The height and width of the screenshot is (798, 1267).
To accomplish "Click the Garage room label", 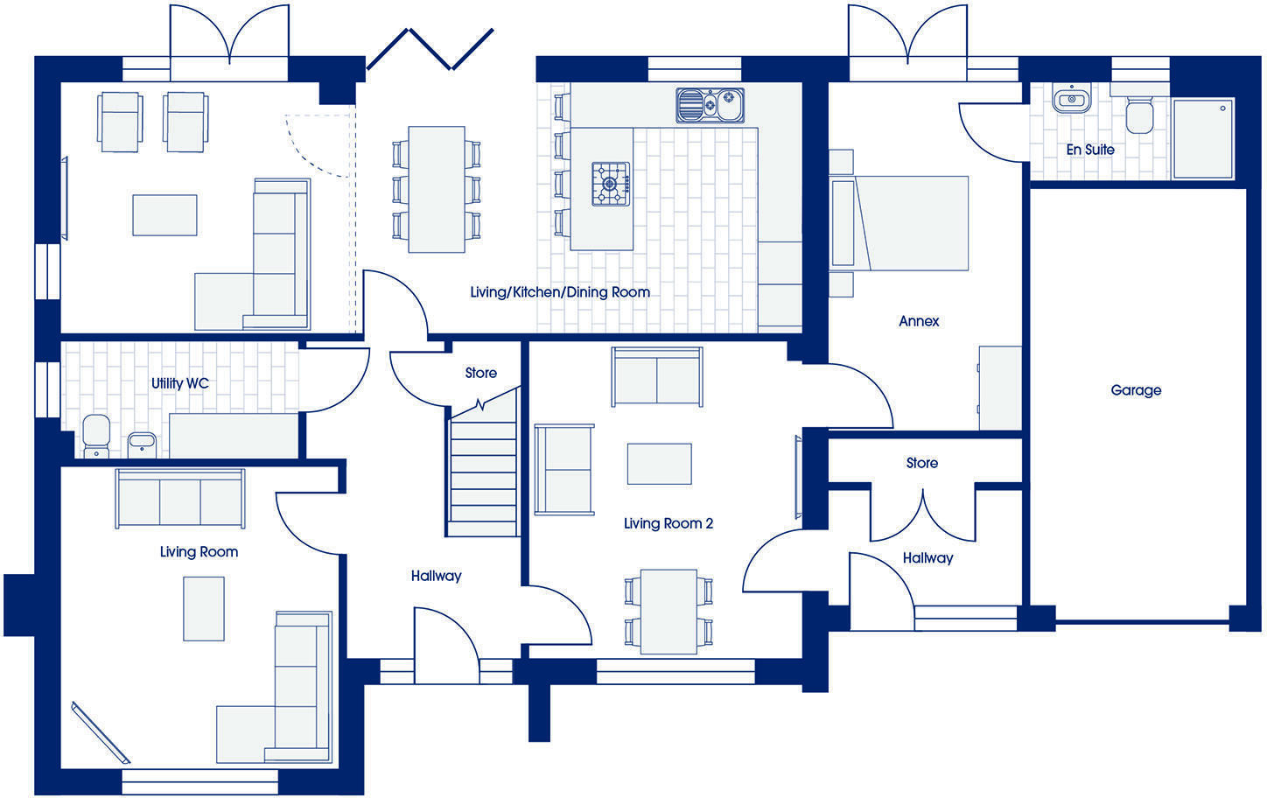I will (x=1136, y=390).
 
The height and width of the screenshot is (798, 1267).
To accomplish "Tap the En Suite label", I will (x=1089, y=150).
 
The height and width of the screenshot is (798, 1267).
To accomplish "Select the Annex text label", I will (x=919, y=321).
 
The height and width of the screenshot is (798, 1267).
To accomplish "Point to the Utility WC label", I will (x=179, y=383).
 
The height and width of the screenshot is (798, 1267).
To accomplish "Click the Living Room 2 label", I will (x=668, y=523).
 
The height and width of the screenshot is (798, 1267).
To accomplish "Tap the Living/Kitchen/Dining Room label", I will (x=560, y=291).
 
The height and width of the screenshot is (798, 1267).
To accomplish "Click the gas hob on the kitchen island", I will (x=611, y=184).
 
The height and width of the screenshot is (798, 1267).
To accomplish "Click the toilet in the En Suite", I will (x=1138, y=115).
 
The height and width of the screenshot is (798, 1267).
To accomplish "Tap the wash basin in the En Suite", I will (x=1070, y=100).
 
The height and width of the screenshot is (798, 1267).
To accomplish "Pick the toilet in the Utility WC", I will (x=95, y=436).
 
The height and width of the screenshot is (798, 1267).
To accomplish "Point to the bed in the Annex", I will (x=910, y=222).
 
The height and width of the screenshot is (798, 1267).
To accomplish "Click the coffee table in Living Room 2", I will (x=659, y=464).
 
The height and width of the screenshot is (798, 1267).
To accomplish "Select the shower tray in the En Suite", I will (x=1202, y=137).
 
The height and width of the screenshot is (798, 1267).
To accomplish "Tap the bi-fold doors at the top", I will (x=430, y=49).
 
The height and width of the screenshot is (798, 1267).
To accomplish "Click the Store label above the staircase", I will (x=480, y=373).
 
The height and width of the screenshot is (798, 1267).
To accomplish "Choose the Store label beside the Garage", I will (x=921, y=463).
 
